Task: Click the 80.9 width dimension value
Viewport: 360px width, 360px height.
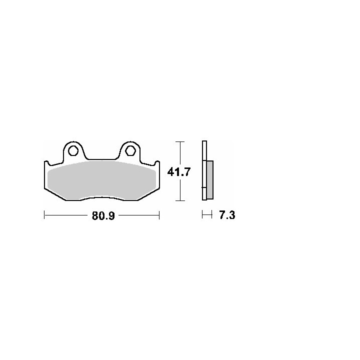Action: (x=103, y=215)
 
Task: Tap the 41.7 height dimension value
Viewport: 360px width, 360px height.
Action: (x=179, y=172)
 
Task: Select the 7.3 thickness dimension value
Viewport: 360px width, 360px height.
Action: (x=227, y=215)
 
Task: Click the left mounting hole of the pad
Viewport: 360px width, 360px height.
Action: (x=73, y=150)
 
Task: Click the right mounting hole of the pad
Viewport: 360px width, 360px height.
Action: (x=130, y=150)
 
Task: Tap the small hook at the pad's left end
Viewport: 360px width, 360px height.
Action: (x=46, y=163)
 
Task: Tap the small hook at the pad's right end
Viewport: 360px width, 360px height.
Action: (x=157, y=163)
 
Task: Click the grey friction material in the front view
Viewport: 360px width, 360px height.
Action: (x=101, y=179)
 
